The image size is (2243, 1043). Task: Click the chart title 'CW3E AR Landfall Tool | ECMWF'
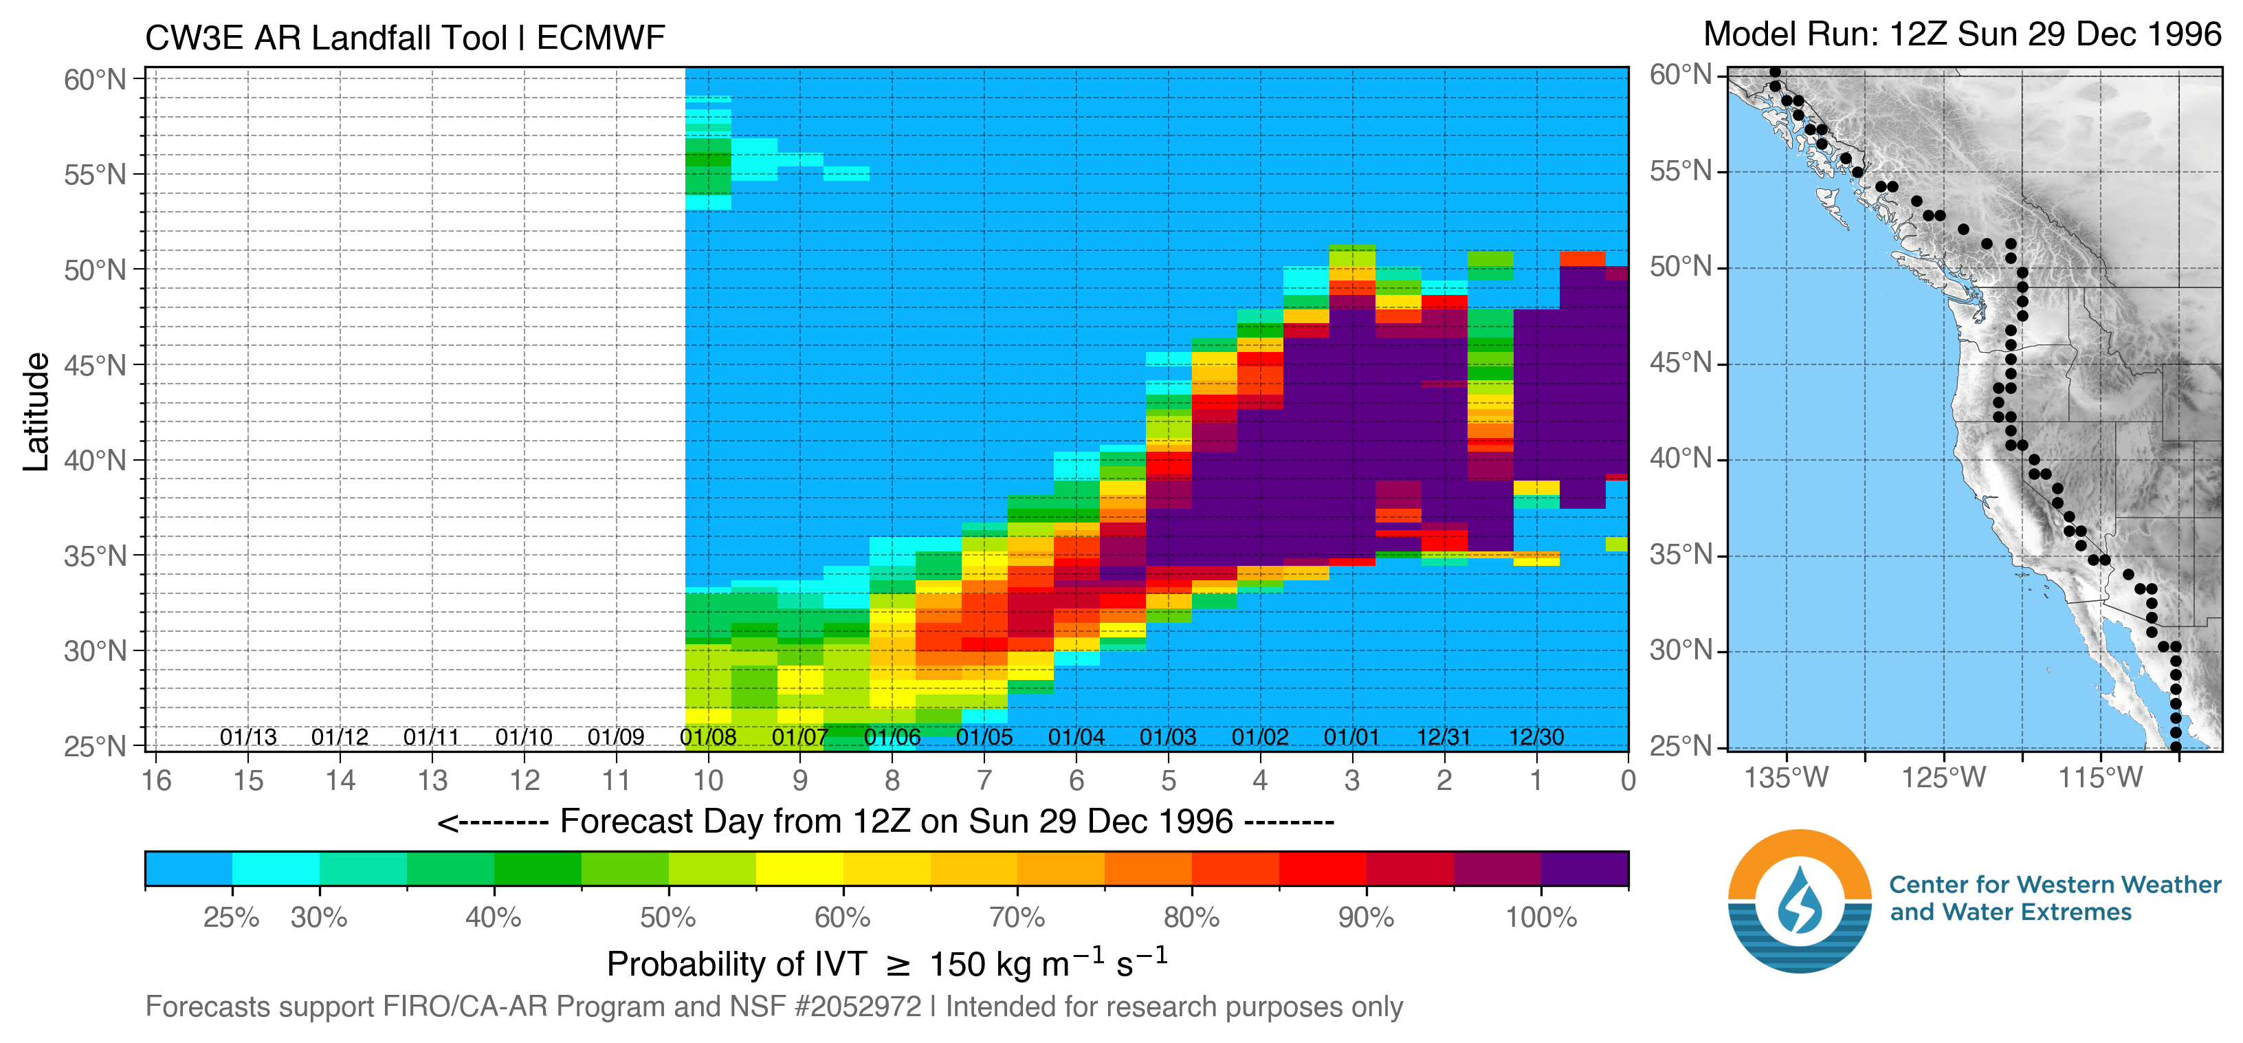405,39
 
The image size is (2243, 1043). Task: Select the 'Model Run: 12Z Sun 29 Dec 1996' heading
1962,35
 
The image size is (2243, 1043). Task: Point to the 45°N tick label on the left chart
95,366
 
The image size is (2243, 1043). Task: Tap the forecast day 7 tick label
984,780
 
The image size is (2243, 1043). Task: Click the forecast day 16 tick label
157,780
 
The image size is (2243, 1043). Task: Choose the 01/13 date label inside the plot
248,738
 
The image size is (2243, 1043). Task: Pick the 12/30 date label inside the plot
1536,738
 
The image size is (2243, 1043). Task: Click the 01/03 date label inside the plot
1168,738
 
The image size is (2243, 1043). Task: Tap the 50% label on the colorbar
668,918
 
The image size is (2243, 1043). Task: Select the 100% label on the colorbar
1541,918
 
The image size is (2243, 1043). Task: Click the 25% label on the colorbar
231,918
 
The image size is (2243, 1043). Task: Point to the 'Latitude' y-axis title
36,412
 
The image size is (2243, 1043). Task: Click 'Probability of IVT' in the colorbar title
737,965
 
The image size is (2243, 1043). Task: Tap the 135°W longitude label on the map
1786,777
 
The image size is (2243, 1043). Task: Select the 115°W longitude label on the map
2099,777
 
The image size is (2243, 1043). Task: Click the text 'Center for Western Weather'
2055,885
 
